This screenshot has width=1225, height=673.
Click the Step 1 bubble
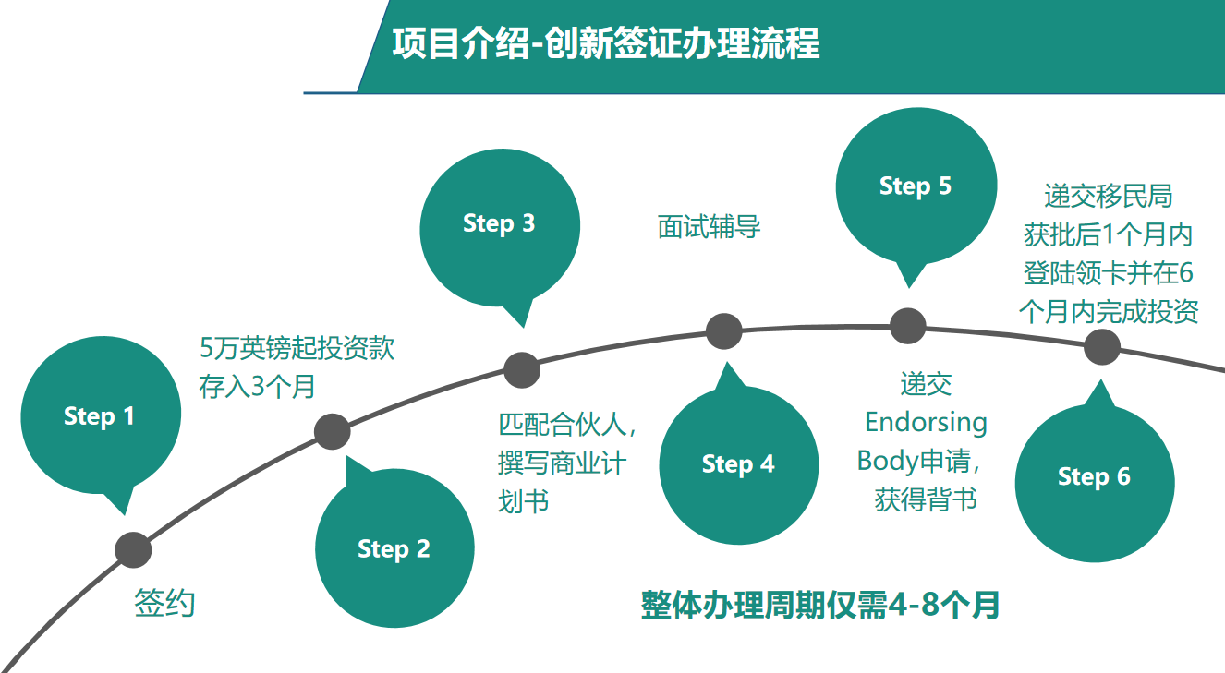[x=101, y=416]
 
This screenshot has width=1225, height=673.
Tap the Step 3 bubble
[x=500, y=227]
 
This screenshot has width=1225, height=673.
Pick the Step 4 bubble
[x=738, y=464]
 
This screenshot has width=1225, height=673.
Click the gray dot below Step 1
[x=133, y=550]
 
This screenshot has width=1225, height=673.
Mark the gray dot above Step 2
[x=332, y=432]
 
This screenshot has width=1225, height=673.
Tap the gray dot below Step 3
[x=522, y=370]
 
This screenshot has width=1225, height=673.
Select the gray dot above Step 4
[x=723, y=331]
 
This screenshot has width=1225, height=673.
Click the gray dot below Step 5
[x=908, y=326]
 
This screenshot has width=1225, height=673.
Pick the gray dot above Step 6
[x=1102, y=346]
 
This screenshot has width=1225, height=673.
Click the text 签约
[x=164, y=604]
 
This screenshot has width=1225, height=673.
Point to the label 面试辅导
[x=709, y=227]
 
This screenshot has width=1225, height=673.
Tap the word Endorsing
[x=926, y=423]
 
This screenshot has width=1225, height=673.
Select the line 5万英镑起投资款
[x=297, y=348]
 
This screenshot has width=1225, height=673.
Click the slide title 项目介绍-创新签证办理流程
[x=606, y=43]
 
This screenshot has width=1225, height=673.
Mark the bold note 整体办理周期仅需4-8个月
[x=820, y=606]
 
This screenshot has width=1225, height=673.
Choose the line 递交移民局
[x=1108, y=196]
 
